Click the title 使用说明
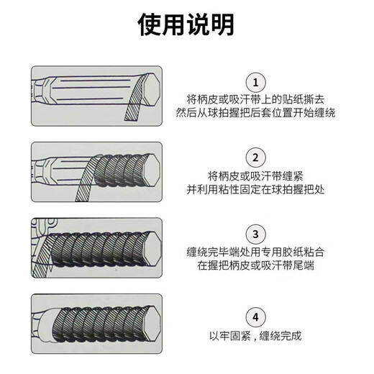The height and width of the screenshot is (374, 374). point(186,24)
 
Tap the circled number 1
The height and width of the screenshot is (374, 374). point(255,83)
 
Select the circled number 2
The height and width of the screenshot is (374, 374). point(255,158)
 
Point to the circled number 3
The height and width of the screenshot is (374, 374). point(255,234)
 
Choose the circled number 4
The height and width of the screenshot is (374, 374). point(255,317)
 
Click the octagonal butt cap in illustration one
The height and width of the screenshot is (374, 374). point(151,89)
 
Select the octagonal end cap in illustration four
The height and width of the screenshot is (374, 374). point(152,324)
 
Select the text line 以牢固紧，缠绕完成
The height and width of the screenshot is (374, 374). point(255,336)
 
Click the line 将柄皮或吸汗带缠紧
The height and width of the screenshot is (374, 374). point(255,176)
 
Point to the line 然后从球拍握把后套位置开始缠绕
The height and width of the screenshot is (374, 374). point(255,112)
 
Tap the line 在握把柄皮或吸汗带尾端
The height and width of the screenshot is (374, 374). point(255,265)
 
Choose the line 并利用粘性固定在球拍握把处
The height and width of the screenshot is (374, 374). point(255,190)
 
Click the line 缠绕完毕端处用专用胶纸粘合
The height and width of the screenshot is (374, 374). point(255,252)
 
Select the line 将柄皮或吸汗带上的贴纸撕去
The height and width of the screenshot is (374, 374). point(255,99)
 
